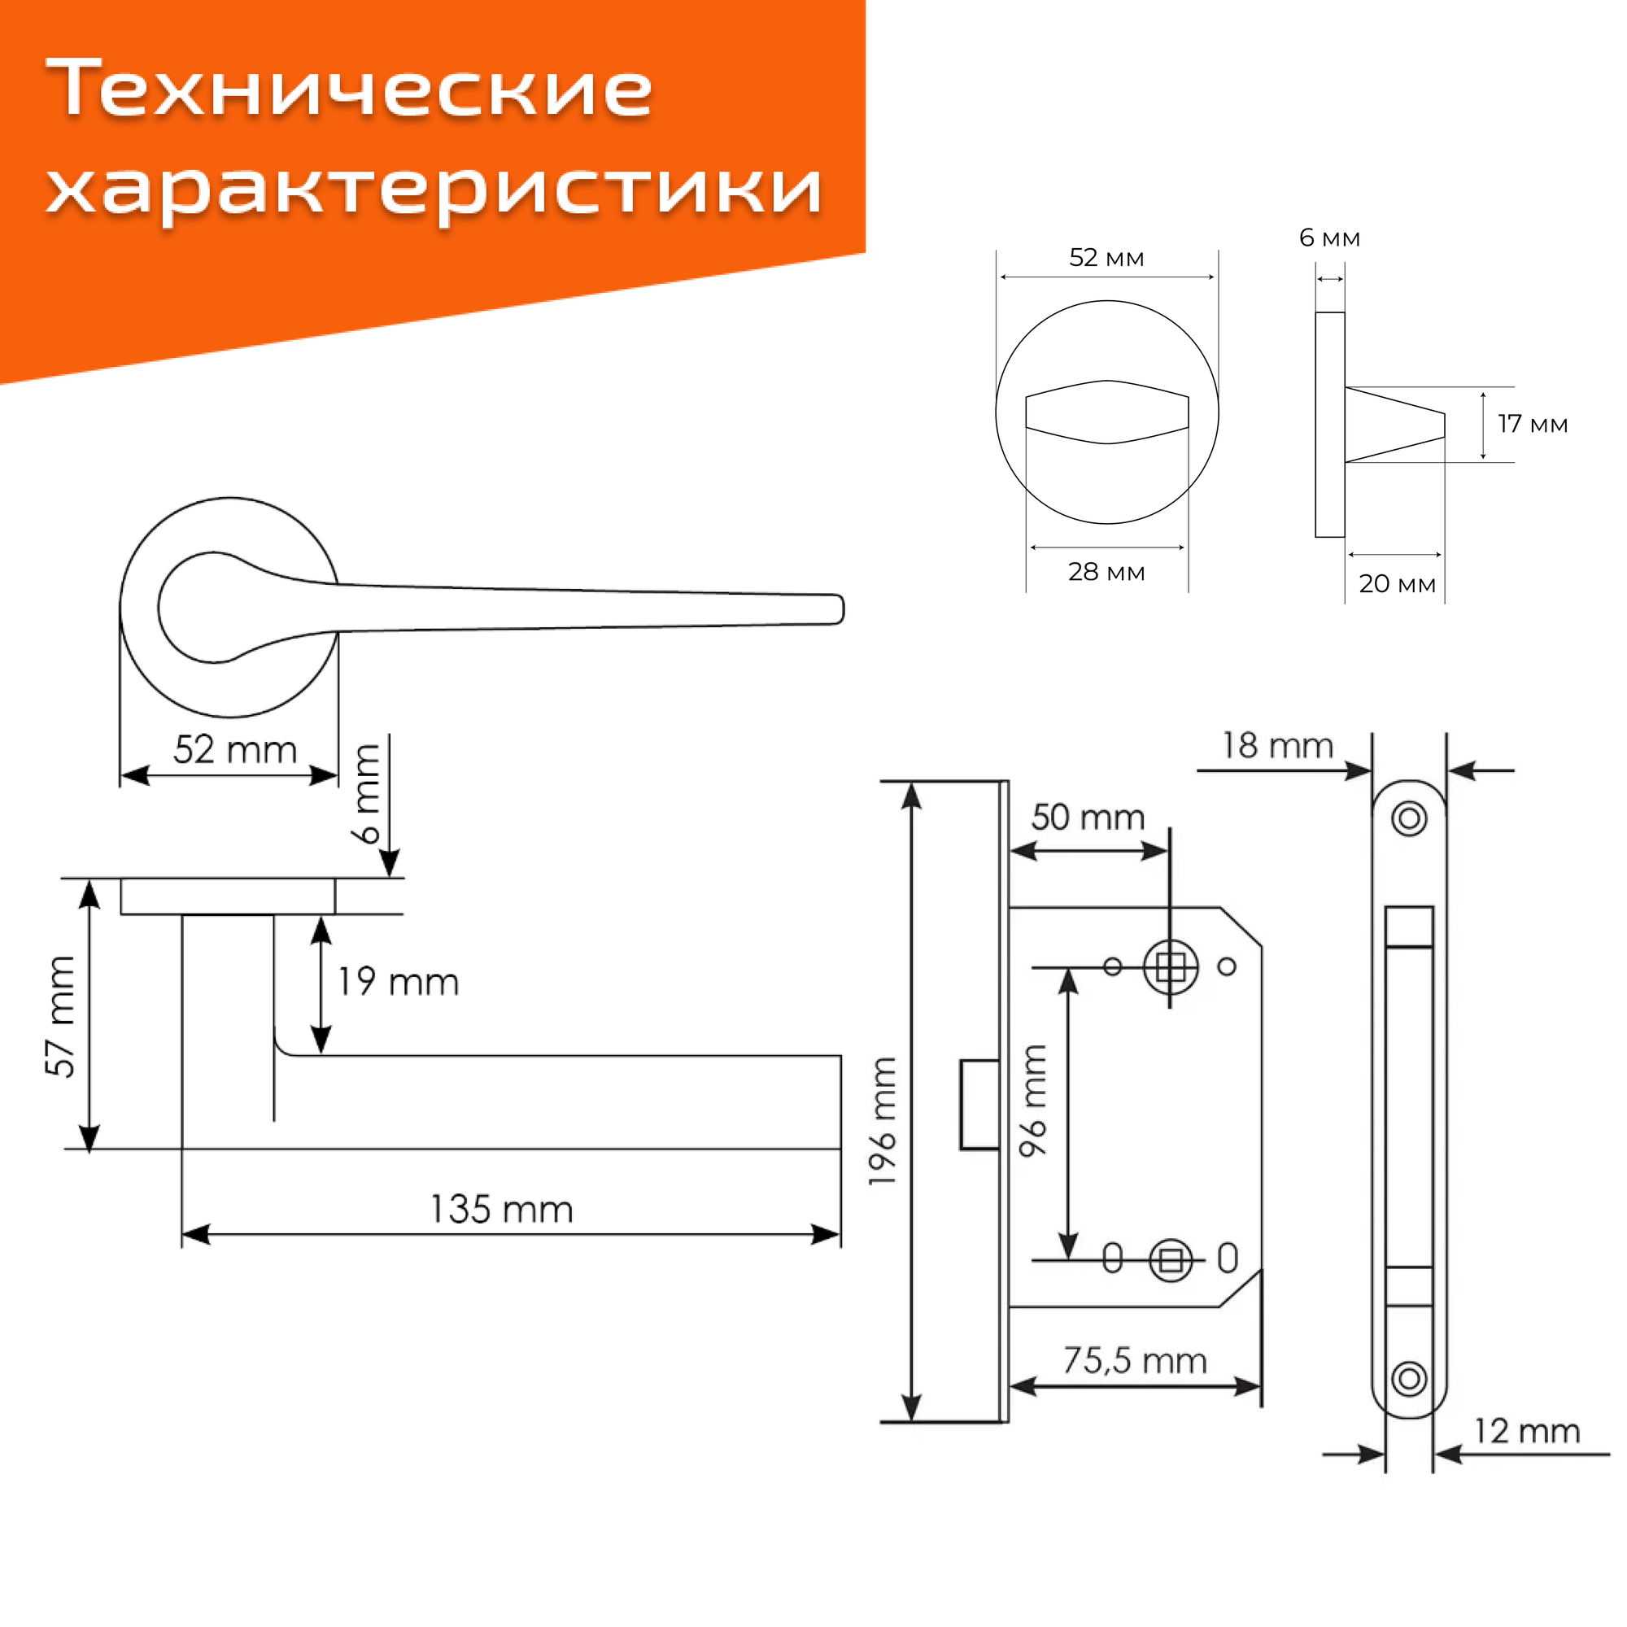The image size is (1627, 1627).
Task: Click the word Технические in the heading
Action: pos(349,89)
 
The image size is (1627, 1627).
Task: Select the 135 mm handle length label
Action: pos(502,1210)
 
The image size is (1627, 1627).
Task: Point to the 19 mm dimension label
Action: pos(399,983)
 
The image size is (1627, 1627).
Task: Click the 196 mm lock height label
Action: pos(883,1121)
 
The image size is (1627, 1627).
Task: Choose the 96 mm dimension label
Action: pos(1034,1101)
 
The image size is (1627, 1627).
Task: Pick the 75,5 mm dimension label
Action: pos(1134,1361)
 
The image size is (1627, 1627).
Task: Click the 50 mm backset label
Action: pos(1088,818)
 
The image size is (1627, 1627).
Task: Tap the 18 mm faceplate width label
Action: pos(1277,746)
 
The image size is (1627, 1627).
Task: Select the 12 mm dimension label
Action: pos(1527,1432)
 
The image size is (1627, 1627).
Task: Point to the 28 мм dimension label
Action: pos(1106,573)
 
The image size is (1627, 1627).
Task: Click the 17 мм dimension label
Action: pos(1533,425)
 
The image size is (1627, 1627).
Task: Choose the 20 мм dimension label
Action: pos(1397,583)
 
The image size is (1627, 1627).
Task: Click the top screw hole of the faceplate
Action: pos(1410,818)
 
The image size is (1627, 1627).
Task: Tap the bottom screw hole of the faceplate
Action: pos(1410,1380)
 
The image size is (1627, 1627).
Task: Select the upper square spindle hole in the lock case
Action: pos(1171,967)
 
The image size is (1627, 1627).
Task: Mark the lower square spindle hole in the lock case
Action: pos(1171,1261)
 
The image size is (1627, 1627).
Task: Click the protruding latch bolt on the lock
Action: pos(980,1105)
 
